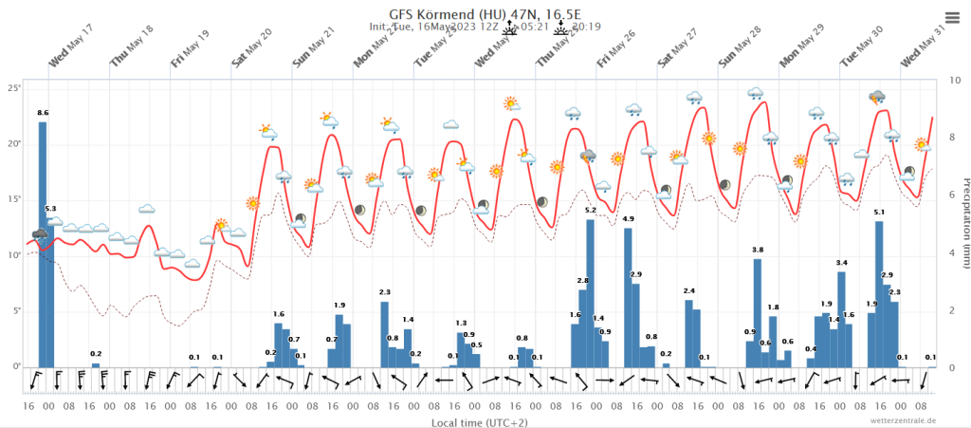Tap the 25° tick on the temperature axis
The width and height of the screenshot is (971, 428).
[14, 88]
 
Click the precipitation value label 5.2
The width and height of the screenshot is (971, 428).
[590, 210]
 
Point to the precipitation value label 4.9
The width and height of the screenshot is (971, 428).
[628, 219]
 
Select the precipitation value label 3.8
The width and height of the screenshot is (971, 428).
[758, 250]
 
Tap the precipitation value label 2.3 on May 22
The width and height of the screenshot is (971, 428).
[385, 292]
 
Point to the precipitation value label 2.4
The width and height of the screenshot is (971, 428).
[689, 290]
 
